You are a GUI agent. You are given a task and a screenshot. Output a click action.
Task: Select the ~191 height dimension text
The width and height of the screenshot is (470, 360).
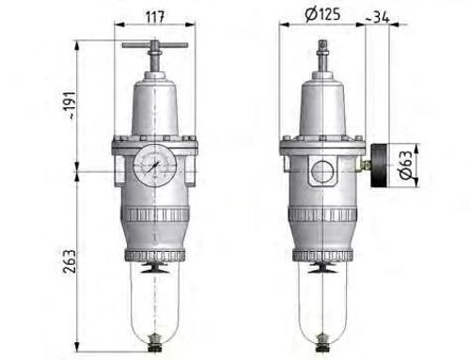point(61,105)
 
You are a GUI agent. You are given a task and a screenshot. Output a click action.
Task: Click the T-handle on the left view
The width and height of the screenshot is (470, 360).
point(152,45)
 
